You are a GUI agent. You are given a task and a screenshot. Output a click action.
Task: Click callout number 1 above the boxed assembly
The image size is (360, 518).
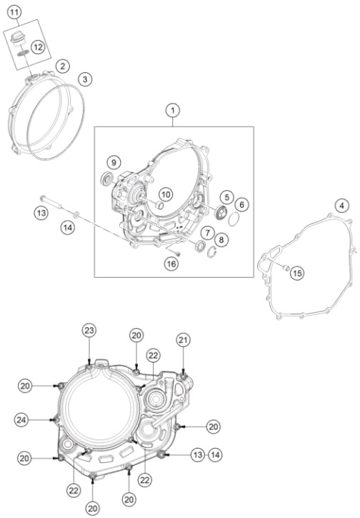(x=173, y=111)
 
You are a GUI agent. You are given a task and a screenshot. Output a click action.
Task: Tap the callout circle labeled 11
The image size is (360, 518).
(x=14, y=13)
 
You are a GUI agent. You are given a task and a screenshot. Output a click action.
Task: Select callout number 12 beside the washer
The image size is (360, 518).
(x=39, y=47)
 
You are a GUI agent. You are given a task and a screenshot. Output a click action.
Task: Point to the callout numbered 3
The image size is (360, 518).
(x=85, y=79)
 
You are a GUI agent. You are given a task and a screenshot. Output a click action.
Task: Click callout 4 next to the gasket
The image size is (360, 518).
(x=341, y=206)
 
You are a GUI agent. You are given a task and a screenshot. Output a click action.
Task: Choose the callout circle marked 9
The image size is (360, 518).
(x=114, y=162)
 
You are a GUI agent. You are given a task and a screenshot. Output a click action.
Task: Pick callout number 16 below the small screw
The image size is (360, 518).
(x=171, y=264)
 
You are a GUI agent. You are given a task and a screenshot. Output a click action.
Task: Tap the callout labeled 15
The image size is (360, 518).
(x=297, y=273)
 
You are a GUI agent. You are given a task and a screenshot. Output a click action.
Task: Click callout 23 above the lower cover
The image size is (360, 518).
(x=89, y=330)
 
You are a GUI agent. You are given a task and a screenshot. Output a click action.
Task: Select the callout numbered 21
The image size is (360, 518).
(x=184, y=340)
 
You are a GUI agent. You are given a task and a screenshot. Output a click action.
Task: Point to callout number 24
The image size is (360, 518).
(x=21, y=420)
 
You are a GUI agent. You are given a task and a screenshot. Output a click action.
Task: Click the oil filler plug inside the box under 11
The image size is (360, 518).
(x=16, y=38)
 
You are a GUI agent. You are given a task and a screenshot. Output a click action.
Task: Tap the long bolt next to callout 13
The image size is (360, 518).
(x=51, y=202)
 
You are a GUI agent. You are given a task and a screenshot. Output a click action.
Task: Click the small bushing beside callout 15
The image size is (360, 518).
(x=286, y=267)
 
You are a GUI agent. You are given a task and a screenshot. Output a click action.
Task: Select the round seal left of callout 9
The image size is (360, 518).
(x=107, y=179)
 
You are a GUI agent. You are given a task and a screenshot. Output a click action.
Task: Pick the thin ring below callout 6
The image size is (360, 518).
(x=234, y=219)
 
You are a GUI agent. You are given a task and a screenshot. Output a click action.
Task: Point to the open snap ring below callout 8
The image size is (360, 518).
(x=212, y=253)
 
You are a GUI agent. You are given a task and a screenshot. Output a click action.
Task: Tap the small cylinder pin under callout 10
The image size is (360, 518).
(x=159, y=205)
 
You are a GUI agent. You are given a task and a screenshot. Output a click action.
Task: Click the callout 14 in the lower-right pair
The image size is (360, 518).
(x=215, y=455)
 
